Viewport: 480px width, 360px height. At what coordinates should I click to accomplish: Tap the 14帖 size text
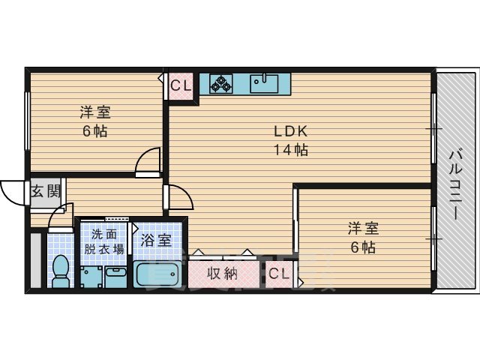point(290,149)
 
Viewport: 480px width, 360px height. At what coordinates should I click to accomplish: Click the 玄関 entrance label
point(45,190)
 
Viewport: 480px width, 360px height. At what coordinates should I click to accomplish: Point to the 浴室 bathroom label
point(156,241)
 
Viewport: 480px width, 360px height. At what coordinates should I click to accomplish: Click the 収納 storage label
point(223,274)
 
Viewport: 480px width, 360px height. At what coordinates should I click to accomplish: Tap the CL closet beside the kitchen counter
point(181,85)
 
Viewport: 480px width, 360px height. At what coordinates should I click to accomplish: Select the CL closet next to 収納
point(279,274)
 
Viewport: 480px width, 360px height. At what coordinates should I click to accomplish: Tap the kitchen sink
point(264,82)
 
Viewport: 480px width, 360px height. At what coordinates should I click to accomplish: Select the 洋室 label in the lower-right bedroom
point(361,228)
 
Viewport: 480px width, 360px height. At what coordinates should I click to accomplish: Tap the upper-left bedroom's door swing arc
point(148,160)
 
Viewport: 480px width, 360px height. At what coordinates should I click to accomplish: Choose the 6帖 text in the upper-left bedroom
point(95,132)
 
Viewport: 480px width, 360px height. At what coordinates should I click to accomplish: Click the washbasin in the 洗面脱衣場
point(115,275)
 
